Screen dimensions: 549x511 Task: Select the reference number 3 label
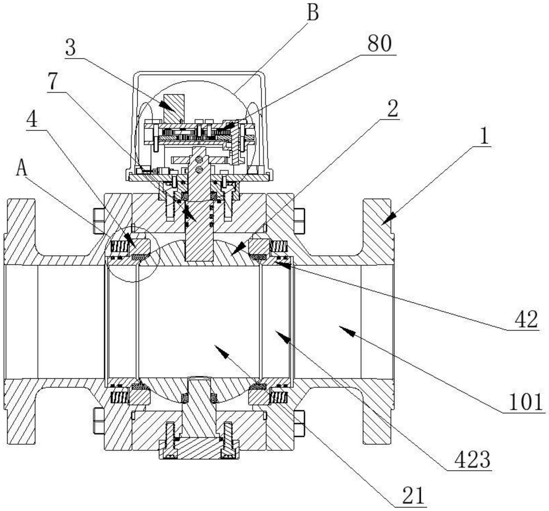[x=70, y=47]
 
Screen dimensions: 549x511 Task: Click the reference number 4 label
[x=32, y=120]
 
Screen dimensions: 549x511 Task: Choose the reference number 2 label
[x=392, y=109]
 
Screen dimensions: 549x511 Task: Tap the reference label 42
[x=526, y=319]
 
